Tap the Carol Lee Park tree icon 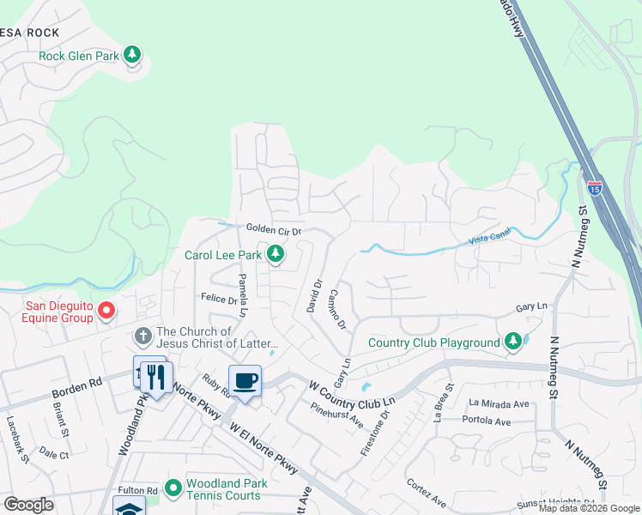click(275, 254)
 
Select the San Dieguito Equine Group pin click(106, 310)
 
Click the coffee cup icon click(245, 380)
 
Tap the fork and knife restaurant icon click(156, 378)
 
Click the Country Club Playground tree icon click(512, 342)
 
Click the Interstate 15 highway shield click(594, 186)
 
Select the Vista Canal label click(488, 242)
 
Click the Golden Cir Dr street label click(274, 230)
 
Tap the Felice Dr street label click(219, 300)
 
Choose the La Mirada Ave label click(496, 402)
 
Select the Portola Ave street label click(486, 421)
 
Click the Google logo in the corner click(28, 505)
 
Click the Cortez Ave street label click(427, 494)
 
